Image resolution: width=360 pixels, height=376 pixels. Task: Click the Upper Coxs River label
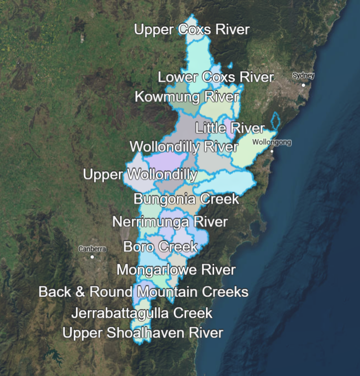pos(192,30)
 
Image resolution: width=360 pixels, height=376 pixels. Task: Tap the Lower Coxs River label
pos(216,77)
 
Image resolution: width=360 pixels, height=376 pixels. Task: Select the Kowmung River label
pos(187,97)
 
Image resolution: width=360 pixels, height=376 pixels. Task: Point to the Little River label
pos(230,128)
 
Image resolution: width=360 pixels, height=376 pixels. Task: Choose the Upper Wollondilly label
pos(140,174)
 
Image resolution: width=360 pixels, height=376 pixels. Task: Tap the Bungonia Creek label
pos(186,199)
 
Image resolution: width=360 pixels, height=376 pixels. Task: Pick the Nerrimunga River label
pos(170,222)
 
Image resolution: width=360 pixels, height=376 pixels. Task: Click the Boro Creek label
pos(160,246)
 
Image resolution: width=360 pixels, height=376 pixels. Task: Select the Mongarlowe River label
pos(176,270)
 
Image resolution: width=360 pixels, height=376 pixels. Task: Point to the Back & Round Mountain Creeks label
pos(143,292)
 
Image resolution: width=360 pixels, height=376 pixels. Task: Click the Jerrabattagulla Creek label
pos(142,313)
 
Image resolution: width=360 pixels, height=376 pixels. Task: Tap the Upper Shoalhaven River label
pos(143,333)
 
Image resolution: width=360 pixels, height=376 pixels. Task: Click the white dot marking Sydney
pos(303,85)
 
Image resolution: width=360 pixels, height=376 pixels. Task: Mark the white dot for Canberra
pos(92,257)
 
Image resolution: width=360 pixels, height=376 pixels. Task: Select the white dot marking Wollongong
pos(272,151)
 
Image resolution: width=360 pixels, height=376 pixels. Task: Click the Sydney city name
pos(303,76)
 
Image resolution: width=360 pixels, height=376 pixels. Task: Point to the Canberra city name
pos(92,249)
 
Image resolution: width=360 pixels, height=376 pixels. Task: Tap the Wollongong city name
pos(271,142)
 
